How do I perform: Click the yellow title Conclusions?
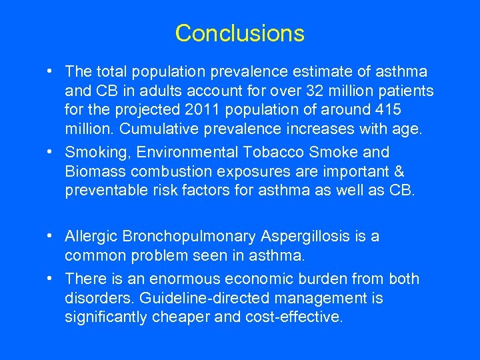point(239,33)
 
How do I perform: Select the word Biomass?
point(93,171)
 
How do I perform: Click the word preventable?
point(105,191)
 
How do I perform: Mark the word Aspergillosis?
point(306,236)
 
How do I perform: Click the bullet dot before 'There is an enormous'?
point(51,279)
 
